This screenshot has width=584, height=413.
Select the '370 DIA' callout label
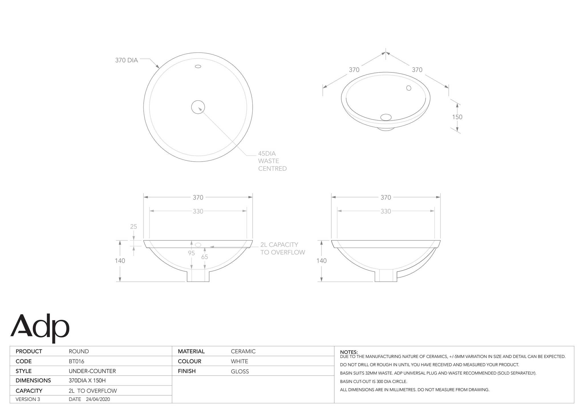click(x=126, y=60)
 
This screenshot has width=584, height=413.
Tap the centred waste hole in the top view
click(x=198, y=107)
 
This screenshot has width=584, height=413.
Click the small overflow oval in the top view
click(x=198, y=66)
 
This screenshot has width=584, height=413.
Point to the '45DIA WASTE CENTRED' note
click(x=272, y=161)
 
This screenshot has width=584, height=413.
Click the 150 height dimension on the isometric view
click(x=457, y=117)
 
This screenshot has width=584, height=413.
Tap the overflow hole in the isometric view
click(x=409, y=88)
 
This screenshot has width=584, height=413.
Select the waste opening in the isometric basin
click(x=386, y=117)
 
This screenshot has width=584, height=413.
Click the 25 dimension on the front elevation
click(x=133, y=227)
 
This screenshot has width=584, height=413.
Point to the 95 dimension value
click(x=191, y=253)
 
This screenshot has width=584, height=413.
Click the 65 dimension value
click(x=204, y=257)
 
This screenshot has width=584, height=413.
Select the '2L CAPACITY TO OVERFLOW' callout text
click(x=282, y=248)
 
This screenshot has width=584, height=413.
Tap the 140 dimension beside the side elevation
click(x=321, y=261)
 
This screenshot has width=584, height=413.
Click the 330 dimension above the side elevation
click(x=386, y=211)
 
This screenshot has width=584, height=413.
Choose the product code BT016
click(x=76, y=361)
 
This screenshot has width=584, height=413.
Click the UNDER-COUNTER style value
click(x=92, y=371)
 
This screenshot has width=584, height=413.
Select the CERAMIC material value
click(x=243, y=351)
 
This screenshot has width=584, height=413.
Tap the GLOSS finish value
click(x=240, y=371)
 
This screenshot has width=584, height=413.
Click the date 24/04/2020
click(x=98, y=399)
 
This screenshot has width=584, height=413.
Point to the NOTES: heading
click(x=349, y=352)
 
